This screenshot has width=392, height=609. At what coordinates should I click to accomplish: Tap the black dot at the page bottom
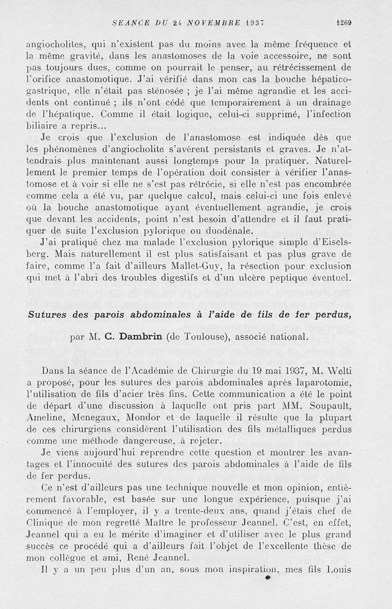267,579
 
